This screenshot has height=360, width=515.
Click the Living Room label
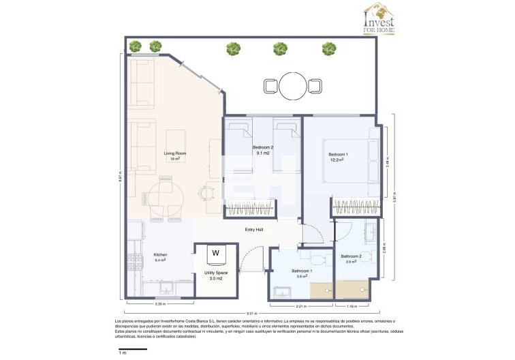pos(175,153)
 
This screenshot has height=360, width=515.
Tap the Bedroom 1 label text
pos(339,155)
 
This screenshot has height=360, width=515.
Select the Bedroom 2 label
pos(262,148)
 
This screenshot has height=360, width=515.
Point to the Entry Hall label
pos(254,229)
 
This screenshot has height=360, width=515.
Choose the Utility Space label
pos(216,273)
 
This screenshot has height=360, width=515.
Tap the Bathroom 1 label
pos(302,271)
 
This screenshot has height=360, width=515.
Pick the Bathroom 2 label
pos(352,256)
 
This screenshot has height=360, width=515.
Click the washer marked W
pos(216,253)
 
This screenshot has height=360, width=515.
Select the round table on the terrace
pos(293,85)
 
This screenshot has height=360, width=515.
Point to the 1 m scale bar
pos(133,348)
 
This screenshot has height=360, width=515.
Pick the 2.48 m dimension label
pos(388,164)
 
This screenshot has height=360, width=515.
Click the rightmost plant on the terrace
pos(329,48)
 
